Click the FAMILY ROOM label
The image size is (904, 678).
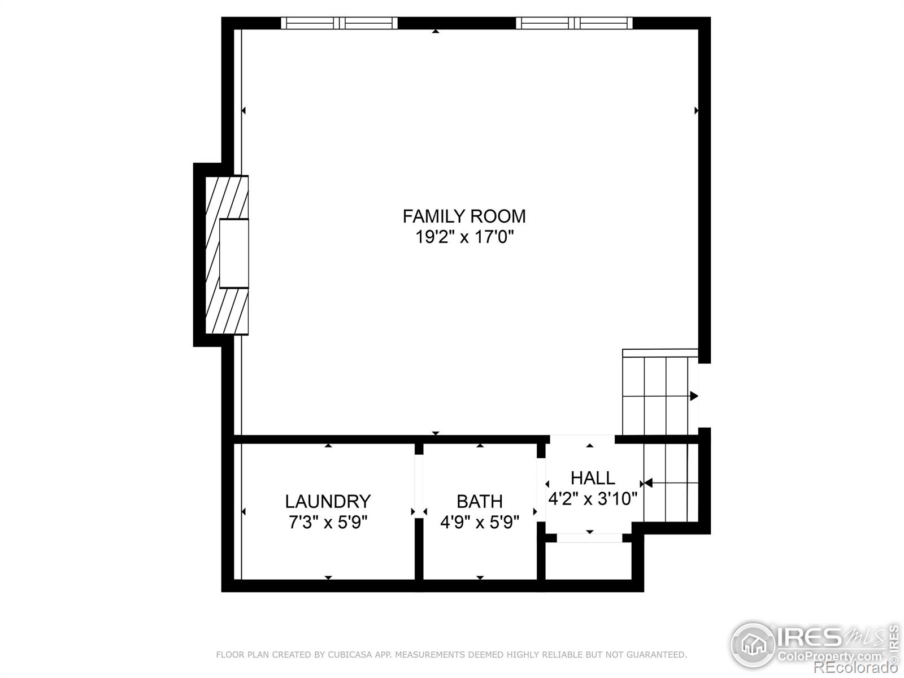(x=464, y=216)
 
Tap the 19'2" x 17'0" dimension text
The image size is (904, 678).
(x=464, y=237)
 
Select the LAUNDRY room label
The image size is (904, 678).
(x=328, y=501)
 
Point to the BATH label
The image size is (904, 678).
(x=480, y=501)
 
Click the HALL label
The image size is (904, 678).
(x=593, y=478)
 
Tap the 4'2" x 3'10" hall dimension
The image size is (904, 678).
(x=593, y=499)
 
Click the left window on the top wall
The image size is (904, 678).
(x=339, y=23)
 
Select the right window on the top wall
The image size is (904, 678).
(x=574, y=23)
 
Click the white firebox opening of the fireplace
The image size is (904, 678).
(x=233, y=254)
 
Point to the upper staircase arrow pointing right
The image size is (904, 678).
(x=694, y=396)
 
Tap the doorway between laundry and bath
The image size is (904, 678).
(x=419, y=511)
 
